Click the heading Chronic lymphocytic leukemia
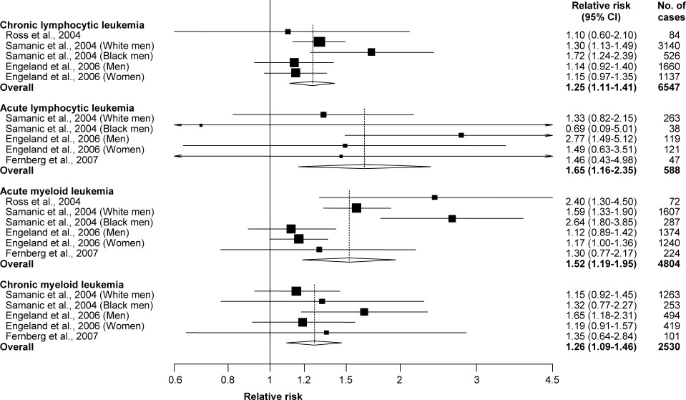point(72,25)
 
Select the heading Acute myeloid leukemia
point(57,191)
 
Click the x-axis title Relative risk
point(273,396)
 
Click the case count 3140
point(670,46)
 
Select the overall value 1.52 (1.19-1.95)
point(601,264)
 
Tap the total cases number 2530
point(670,347)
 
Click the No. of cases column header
point(671,11)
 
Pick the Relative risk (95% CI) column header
point(601,11)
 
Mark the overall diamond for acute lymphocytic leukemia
point(364,167)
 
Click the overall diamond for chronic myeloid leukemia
point(314,343)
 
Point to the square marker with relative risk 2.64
point(452,218)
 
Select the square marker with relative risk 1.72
point(371,52)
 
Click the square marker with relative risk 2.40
point(434,197)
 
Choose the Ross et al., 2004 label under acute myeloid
point(43,202)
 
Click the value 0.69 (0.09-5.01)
point(601,129)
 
